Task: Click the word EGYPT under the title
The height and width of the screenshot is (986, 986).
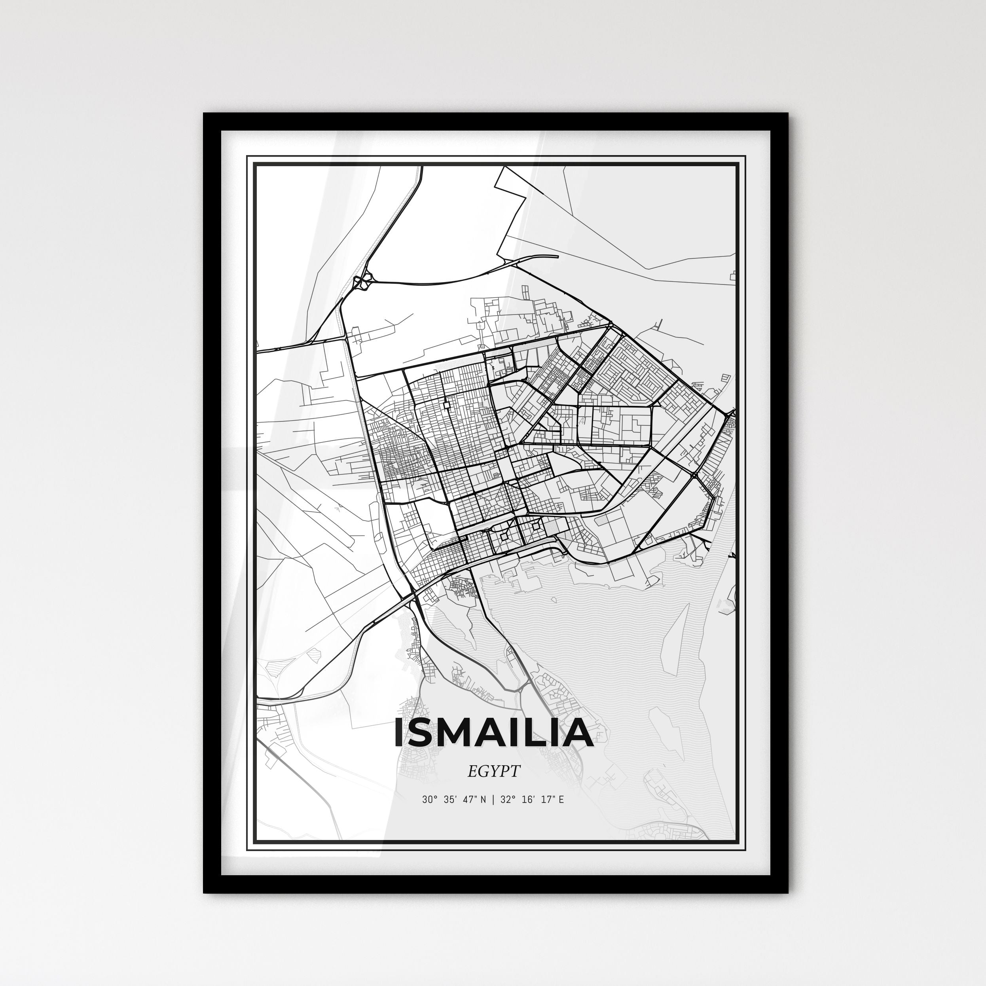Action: coord(493,771)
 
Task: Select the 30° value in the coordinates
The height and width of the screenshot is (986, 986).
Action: coord(429,800)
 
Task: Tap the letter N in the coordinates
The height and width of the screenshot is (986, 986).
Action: coord(484,800)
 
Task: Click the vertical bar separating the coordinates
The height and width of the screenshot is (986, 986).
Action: coord(493,800)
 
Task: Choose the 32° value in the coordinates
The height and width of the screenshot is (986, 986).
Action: coord(506,800)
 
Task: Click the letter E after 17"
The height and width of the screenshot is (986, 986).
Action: coord(561,800)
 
